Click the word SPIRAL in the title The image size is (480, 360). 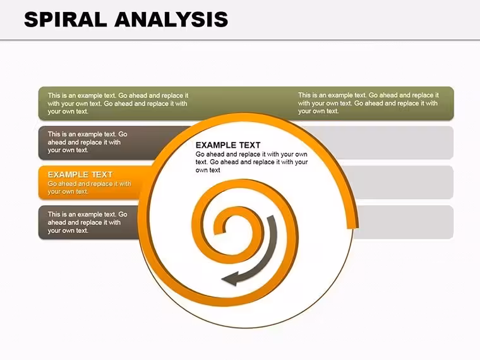(x=66, y=20)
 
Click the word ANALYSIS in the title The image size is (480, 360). (x=171, y=20)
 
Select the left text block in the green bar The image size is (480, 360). (x=118, y=104)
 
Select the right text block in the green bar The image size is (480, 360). (x=368, y=103)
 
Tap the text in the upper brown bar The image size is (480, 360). (x=87, y=142)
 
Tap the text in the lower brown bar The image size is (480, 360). (x=87, y=222)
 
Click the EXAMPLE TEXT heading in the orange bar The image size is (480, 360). (x=80, y=175)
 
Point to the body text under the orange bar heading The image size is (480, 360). (x=89, y=188)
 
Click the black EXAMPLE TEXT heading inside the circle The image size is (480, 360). (x=228, y=145)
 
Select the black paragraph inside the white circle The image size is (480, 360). (x=251, y=162)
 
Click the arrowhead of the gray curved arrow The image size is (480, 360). (x=230, y=279)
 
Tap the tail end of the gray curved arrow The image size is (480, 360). (x=271, y=217)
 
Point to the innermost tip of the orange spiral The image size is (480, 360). (x=218, y=232)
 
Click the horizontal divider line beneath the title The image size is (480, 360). (x=240, y=40)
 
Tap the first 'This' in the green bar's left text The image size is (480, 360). (x=54, y=95)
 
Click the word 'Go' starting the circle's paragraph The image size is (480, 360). (x=200, y=154)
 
